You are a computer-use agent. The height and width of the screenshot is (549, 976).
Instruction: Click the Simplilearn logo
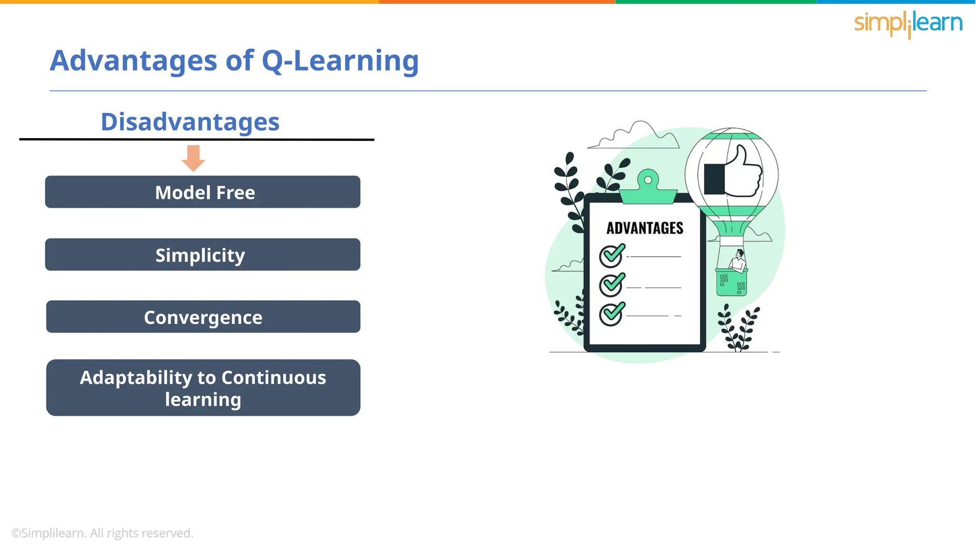(908, 24)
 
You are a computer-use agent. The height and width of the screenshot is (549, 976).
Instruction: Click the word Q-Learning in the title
(340, 61)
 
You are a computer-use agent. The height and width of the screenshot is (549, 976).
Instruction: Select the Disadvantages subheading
(190, 122)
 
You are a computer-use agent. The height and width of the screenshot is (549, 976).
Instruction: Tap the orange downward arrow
(193, 158)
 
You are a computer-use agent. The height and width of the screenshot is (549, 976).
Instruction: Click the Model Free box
(203, 192)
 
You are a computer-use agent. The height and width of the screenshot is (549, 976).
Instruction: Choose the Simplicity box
(203, 255)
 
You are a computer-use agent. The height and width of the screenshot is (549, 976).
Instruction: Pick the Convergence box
(203, 317)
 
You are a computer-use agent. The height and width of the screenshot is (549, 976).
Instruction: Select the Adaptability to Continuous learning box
(203, 388)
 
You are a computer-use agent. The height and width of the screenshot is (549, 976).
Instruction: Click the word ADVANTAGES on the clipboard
(644, 228)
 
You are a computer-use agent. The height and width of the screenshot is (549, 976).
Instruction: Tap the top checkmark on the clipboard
(612, 255)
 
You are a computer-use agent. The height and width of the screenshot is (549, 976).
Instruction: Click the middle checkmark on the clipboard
(612, 285)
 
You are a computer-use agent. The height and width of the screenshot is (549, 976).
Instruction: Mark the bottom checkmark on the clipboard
(612, 314)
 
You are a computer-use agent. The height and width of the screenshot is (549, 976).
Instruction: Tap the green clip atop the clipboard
(648, 188)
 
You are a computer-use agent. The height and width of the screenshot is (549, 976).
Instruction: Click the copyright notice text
(102, 533)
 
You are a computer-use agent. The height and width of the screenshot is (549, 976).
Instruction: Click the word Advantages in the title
(133, 61)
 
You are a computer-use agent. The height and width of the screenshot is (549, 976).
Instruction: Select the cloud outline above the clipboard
(634, 136)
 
